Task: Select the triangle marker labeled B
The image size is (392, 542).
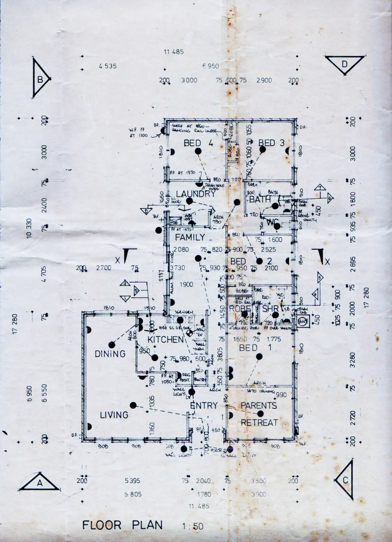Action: tap(40, 79)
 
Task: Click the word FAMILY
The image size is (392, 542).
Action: tap(190, 237)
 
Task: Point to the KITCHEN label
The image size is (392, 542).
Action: tap(166, 339)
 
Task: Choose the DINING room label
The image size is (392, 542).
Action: tap(110, 354)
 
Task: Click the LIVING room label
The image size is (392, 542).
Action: tap(114, 415)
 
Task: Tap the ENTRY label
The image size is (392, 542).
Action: tap(204, 405)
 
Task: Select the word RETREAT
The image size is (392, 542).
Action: tap(259, 423)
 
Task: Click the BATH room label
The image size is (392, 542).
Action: tap(260, 199)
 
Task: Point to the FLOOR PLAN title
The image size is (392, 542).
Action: tap(122, 525)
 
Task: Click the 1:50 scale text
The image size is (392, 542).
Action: tap(193, 526)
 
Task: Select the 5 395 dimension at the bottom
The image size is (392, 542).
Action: tap(132, 481)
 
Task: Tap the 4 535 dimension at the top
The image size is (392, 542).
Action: tap(108, 66)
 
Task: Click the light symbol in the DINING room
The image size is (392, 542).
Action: tap(112, 345)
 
